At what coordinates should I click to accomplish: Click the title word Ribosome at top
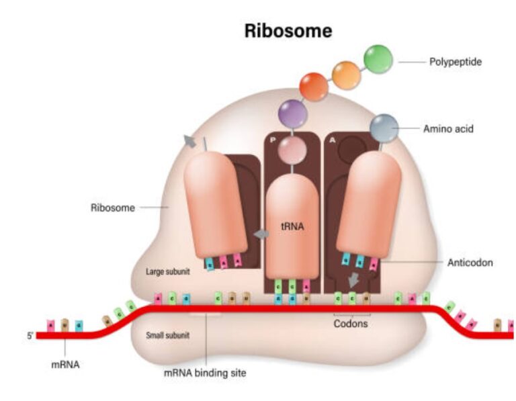point(288,31)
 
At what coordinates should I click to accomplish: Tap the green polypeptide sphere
point(378,58)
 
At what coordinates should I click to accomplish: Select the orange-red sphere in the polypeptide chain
point(314,86)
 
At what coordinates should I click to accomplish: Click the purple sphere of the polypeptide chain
point(293,113)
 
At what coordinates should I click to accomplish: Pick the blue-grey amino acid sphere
point(384,128)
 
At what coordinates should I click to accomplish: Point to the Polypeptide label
point(456,62)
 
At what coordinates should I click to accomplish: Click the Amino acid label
point(448,128)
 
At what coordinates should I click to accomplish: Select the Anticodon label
point(470,263)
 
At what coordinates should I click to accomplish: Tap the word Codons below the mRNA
point(351,323)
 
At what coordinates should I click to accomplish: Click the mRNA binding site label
point(205,373)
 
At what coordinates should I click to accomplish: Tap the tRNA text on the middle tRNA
point(293,227)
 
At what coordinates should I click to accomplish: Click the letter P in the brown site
point(273,140)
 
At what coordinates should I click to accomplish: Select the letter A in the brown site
point(333,140)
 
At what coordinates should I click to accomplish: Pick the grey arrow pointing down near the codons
point(353,279)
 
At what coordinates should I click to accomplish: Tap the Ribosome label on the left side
point(112,208)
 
